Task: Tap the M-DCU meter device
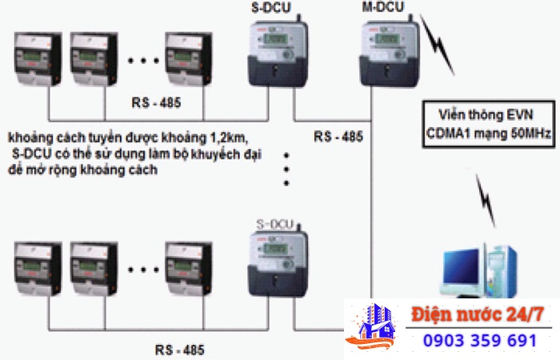pyautogui.click(x=386, y=52)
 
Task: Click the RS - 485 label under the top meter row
pyautogui.click(x=156, y=104)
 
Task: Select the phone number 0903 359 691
pyautogui.click(x=480, y=341)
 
